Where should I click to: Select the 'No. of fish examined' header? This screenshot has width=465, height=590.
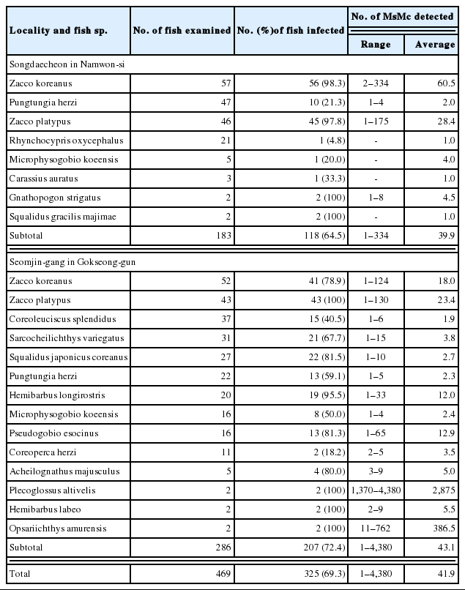(182, 30)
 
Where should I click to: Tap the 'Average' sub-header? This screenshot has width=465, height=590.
(435, 44)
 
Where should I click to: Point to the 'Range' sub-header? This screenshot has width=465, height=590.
(376, 44)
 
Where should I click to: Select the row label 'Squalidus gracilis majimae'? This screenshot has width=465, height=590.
(62, 217)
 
